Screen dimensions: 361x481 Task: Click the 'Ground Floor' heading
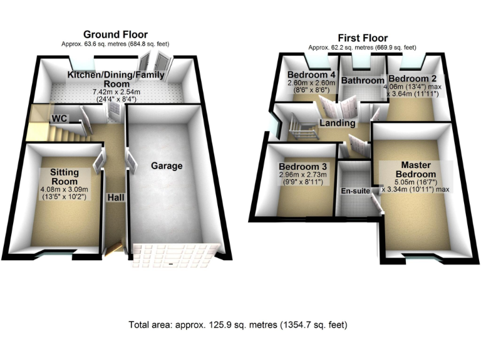(116, 34)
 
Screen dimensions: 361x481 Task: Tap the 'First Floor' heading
(361, 38)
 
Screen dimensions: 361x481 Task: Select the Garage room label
(166, 166)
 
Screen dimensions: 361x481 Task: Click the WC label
(60, 118)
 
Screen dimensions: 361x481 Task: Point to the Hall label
(115, 197)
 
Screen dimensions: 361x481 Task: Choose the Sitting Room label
(64, 177)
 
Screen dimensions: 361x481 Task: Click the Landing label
(337, 123)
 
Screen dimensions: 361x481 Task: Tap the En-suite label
(354, 190)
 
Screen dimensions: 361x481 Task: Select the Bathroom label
(363, 81)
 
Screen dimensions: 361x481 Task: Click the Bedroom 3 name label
(303, 167)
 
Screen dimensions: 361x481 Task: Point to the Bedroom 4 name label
(311, 75)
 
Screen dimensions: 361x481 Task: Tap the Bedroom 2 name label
(413, 78)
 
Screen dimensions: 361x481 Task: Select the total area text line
(237, 325)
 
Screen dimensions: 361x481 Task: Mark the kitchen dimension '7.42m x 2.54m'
(116, 92)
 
